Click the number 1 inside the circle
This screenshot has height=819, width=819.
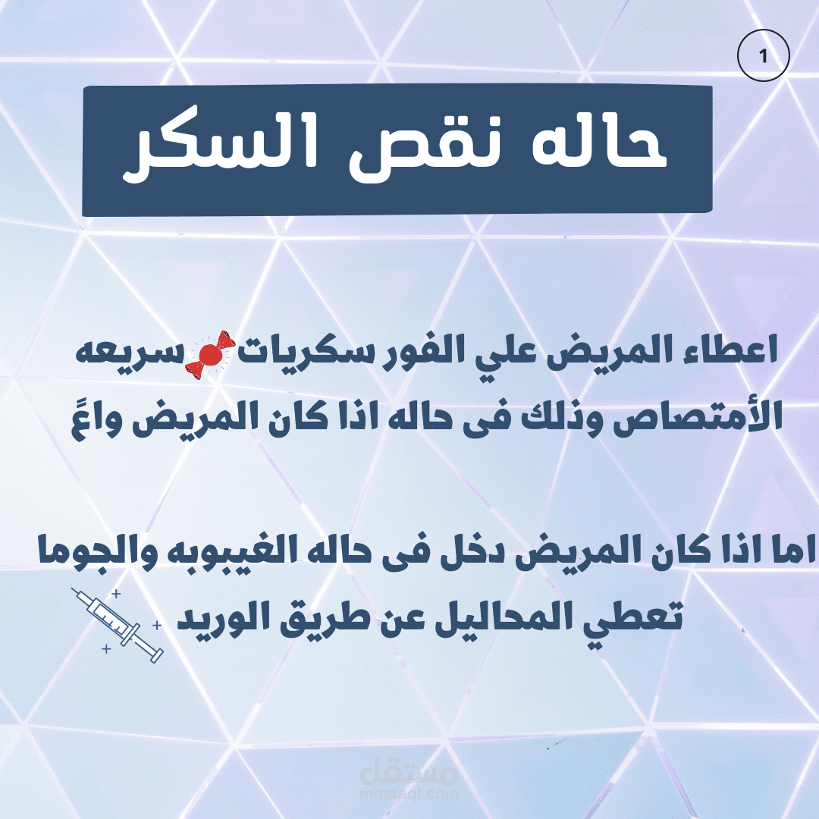click(x=763, y=56)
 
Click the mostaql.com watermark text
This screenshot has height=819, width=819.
click(x=409, y=795)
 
